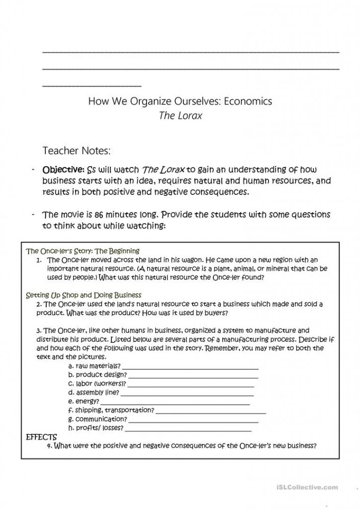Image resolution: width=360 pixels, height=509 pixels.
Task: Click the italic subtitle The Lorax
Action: pos(180,115)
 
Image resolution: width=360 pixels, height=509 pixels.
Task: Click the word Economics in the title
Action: pos(248,101)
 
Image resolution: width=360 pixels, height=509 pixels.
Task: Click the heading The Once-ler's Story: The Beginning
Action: pos(83,251)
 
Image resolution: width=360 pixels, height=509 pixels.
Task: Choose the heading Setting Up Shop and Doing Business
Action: pos(84,295)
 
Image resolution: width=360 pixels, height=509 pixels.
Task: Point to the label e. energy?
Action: pos(84,401)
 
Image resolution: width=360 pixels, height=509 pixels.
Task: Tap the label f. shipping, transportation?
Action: pos(111,410)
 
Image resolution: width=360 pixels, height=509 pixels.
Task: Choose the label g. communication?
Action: pos(97,419)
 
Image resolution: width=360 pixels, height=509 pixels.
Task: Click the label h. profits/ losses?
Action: pos(95,428)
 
